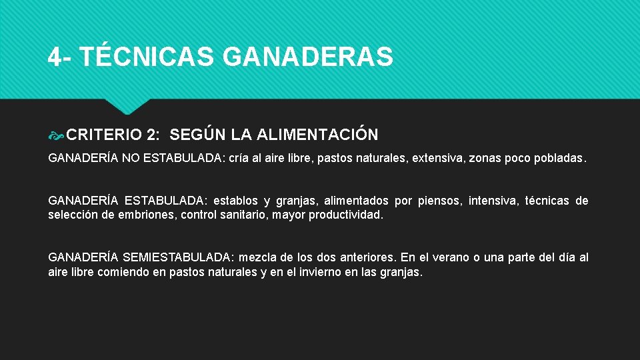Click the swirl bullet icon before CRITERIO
click(x=56, y=135)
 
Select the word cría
click(x=240, y=159)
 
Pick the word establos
click(x=236, y=201)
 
